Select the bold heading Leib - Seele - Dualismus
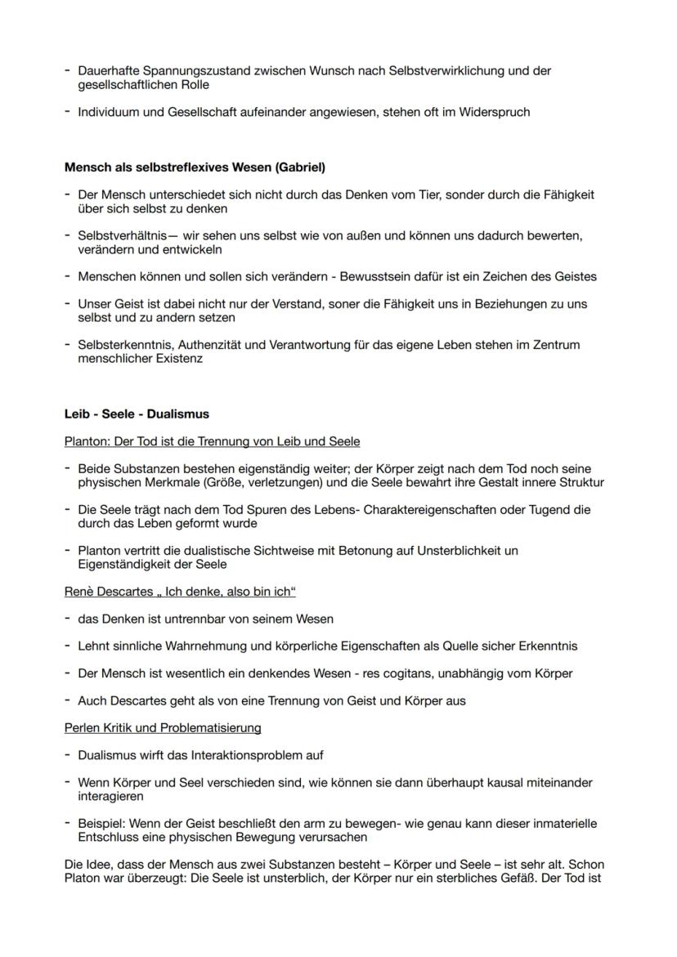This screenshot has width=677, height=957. (x=137, y=414)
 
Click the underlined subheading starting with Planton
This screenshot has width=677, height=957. (x=212, y=441)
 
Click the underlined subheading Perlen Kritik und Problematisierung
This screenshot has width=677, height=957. (x=163, y=727)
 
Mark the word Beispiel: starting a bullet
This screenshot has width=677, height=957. (x=105, y=824)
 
